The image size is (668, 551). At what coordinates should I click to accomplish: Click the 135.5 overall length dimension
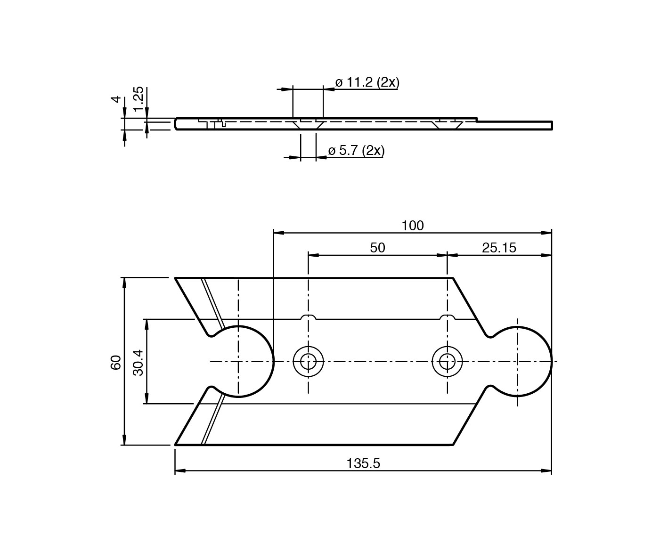363,463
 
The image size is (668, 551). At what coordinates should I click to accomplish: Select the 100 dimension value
413,226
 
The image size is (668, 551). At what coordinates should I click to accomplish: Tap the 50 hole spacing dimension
377,248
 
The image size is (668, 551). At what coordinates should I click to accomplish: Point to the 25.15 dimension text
499,248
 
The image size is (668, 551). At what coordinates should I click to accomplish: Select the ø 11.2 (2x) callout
367,82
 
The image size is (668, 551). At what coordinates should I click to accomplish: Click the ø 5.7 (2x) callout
356,151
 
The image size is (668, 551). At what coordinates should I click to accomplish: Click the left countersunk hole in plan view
308,362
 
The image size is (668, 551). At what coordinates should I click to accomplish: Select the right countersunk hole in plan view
447,362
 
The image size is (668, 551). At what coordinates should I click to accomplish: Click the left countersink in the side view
308,125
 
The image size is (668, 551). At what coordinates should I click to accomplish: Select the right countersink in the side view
447,125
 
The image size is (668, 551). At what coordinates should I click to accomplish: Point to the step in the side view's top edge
477,120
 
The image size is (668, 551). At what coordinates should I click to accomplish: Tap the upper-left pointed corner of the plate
176,279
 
